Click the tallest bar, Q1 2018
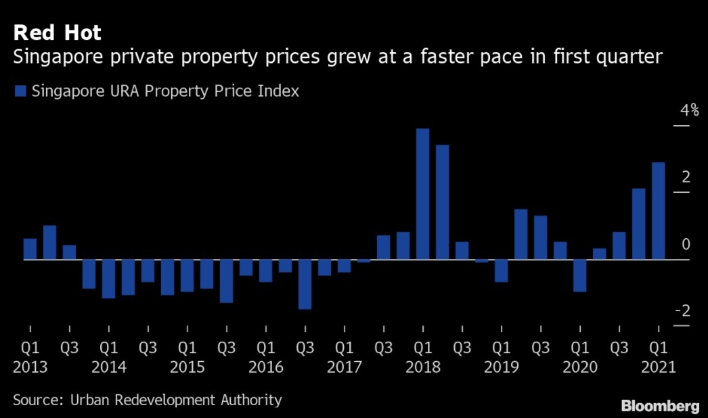(422, 193)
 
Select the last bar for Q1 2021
(658, 210)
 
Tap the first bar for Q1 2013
(30, 249)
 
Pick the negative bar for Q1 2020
(579, 275)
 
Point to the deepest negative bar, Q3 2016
(305, 284)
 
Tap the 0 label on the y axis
(686, 243)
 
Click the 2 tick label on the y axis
(686, 177)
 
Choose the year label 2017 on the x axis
(344, 367)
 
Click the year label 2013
(30, 367)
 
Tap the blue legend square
(19, 91)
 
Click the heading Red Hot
(58, 32)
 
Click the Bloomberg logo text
(660, 406)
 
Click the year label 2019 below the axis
(501, 367)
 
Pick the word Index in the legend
(278, 91)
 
